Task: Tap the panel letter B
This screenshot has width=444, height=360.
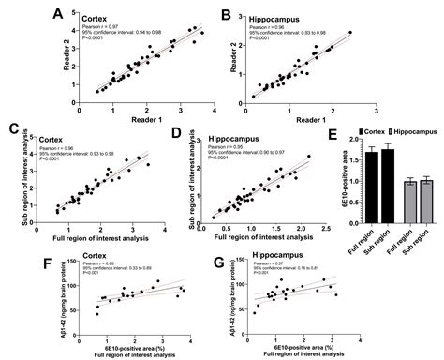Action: coord(226,14)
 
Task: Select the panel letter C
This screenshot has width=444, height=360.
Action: coord(13,129)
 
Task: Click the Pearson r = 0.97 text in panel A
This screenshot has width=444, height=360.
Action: coord(97,27)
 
